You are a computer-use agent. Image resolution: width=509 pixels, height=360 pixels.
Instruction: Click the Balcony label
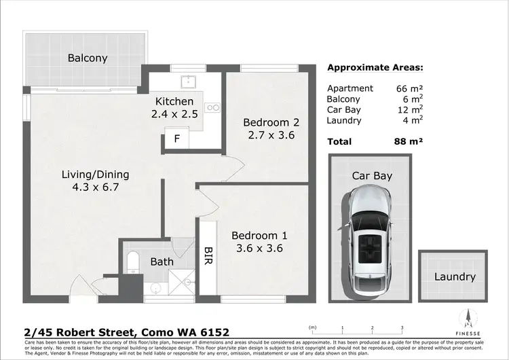88,58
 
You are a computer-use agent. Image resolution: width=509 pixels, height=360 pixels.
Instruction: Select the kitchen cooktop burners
214,107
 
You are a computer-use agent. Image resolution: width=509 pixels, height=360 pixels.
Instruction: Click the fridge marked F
177,140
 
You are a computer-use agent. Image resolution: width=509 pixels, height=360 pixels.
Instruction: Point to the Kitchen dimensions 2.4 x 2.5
175,114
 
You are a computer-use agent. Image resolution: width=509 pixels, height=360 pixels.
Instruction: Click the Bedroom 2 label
271,122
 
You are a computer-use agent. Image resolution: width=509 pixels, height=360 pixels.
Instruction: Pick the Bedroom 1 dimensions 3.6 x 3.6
259,249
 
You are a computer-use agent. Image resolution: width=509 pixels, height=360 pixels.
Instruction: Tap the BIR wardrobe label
208,256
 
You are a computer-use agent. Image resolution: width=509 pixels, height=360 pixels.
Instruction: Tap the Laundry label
455,276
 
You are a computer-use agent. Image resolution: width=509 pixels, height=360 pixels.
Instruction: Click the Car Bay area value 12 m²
410,109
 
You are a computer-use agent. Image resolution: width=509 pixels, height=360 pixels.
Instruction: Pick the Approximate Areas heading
375,68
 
